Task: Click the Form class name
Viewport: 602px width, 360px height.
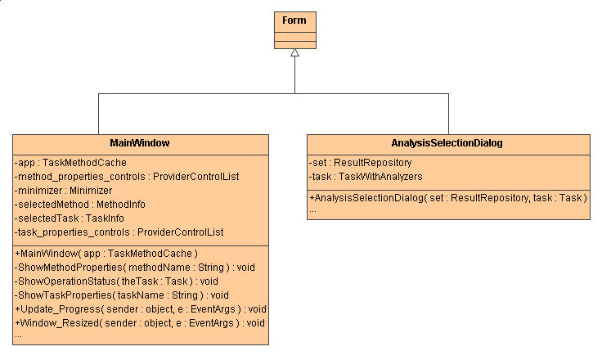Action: [294, 20]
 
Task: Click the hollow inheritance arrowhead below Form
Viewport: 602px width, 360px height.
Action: [294, 52]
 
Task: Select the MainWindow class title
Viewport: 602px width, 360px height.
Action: [139, 142]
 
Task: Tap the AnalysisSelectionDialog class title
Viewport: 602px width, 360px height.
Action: [447, 142]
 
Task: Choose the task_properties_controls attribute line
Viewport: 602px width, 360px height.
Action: [119, 232]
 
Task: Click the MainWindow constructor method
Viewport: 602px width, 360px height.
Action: [106, 254]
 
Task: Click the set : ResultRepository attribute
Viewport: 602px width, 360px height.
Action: [360, 163]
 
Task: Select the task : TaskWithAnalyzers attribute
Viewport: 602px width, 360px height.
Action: [366, 177]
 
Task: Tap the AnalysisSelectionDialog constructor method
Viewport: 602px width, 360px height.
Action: [448, 198]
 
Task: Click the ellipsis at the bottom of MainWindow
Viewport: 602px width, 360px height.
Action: [19, 335]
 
